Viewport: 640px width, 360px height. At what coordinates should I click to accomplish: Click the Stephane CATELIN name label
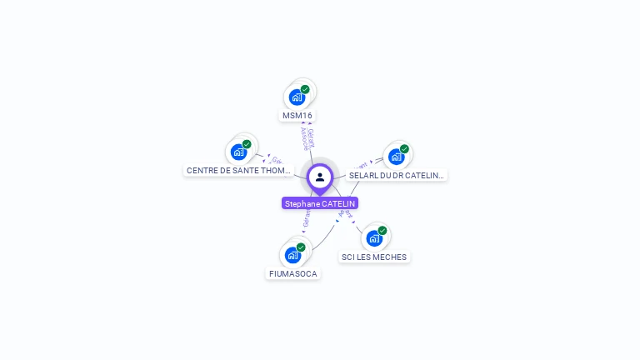(x=320, y=203)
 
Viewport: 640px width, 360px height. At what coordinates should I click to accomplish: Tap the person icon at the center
(x=320, y=177)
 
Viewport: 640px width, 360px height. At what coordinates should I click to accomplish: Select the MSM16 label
(x=297, y=115)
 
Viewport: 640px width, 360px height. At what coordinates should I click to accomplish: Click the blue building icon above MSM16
(x=297, y=97)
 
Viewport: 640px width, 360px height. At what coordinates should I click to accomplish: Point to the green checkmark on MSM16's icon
(x=305, y=89)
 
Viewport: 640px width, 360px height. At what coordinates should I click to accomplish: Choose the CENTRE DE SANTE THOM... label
(x=239, y=170)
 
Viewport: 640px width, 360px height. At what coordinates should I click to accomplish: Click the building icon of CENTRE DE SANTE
(x=239, y=152)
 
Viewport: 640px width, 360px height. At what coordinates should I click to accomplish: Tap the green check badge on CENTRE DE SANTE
(x=247, y=144)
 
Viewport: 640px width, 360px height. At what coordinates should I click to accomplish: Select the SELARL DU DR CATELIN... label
(x=397, y=175)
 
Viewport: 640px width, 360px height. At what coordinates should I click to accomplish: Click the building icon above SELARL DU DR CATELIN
(x=396, y=156)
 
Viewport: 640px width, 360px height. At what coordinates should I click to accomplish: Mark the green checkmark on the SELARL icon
(x=404, y=149)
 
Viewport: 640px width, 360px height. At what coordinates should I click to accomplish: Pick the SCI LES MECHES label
(x=374, y=257)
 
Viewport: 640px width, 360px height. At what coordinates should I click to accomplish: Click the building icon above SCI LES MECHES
(x=374, y=238)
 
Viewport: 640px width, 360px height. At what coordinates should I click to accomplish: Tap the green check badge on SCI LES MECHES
(x=382, y=231)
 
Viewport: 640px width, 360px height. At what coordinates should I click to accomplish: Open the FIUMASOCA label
(x=293, y=273)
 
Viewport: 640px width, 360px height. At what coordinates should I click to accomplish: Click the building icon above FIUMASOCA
(x=292, y=254)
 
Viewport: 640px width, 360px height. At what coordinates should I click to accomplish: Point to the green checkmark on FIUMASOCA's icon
(x=301, y=247)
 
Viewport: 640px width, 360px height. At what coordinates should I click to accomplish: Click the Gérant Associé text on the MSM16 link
(x=307, y=138)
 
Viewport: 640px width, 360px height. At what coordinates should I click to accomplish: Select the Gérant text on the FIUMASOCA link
(x=306, y=219)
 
